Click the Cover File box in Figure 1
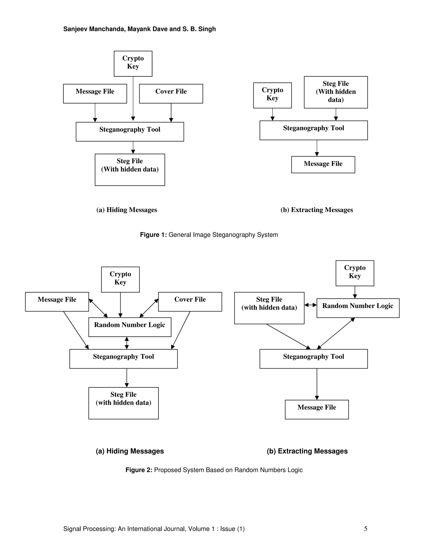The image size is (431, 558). pos(171,93)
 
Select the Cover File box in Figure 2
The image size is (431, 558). pos(190,302)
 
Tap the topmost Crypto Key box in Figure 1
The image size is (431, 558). pos(133,63)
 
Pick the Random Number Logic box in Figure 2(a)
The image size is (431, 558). pos(130,327)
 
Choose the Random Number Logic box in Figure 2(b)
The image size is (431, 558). pos(358,308)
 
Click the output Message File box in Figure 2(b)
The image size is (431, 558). pos(317,409)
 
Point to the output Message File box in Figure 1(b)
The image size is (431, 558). pos(323,164)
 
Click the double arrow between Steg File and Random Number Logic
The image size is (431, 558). pos(310,305)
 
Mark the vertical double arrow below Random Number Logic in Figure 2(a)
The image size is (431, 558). pos(127,343)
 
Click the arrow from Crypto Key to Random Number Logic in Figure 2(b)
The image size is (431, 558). pos(355,292)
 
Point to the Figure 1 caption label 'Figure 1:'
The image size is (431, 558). pos(153,235)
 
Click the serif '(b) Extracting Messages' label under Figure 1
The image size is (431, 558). pos(317,210)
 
